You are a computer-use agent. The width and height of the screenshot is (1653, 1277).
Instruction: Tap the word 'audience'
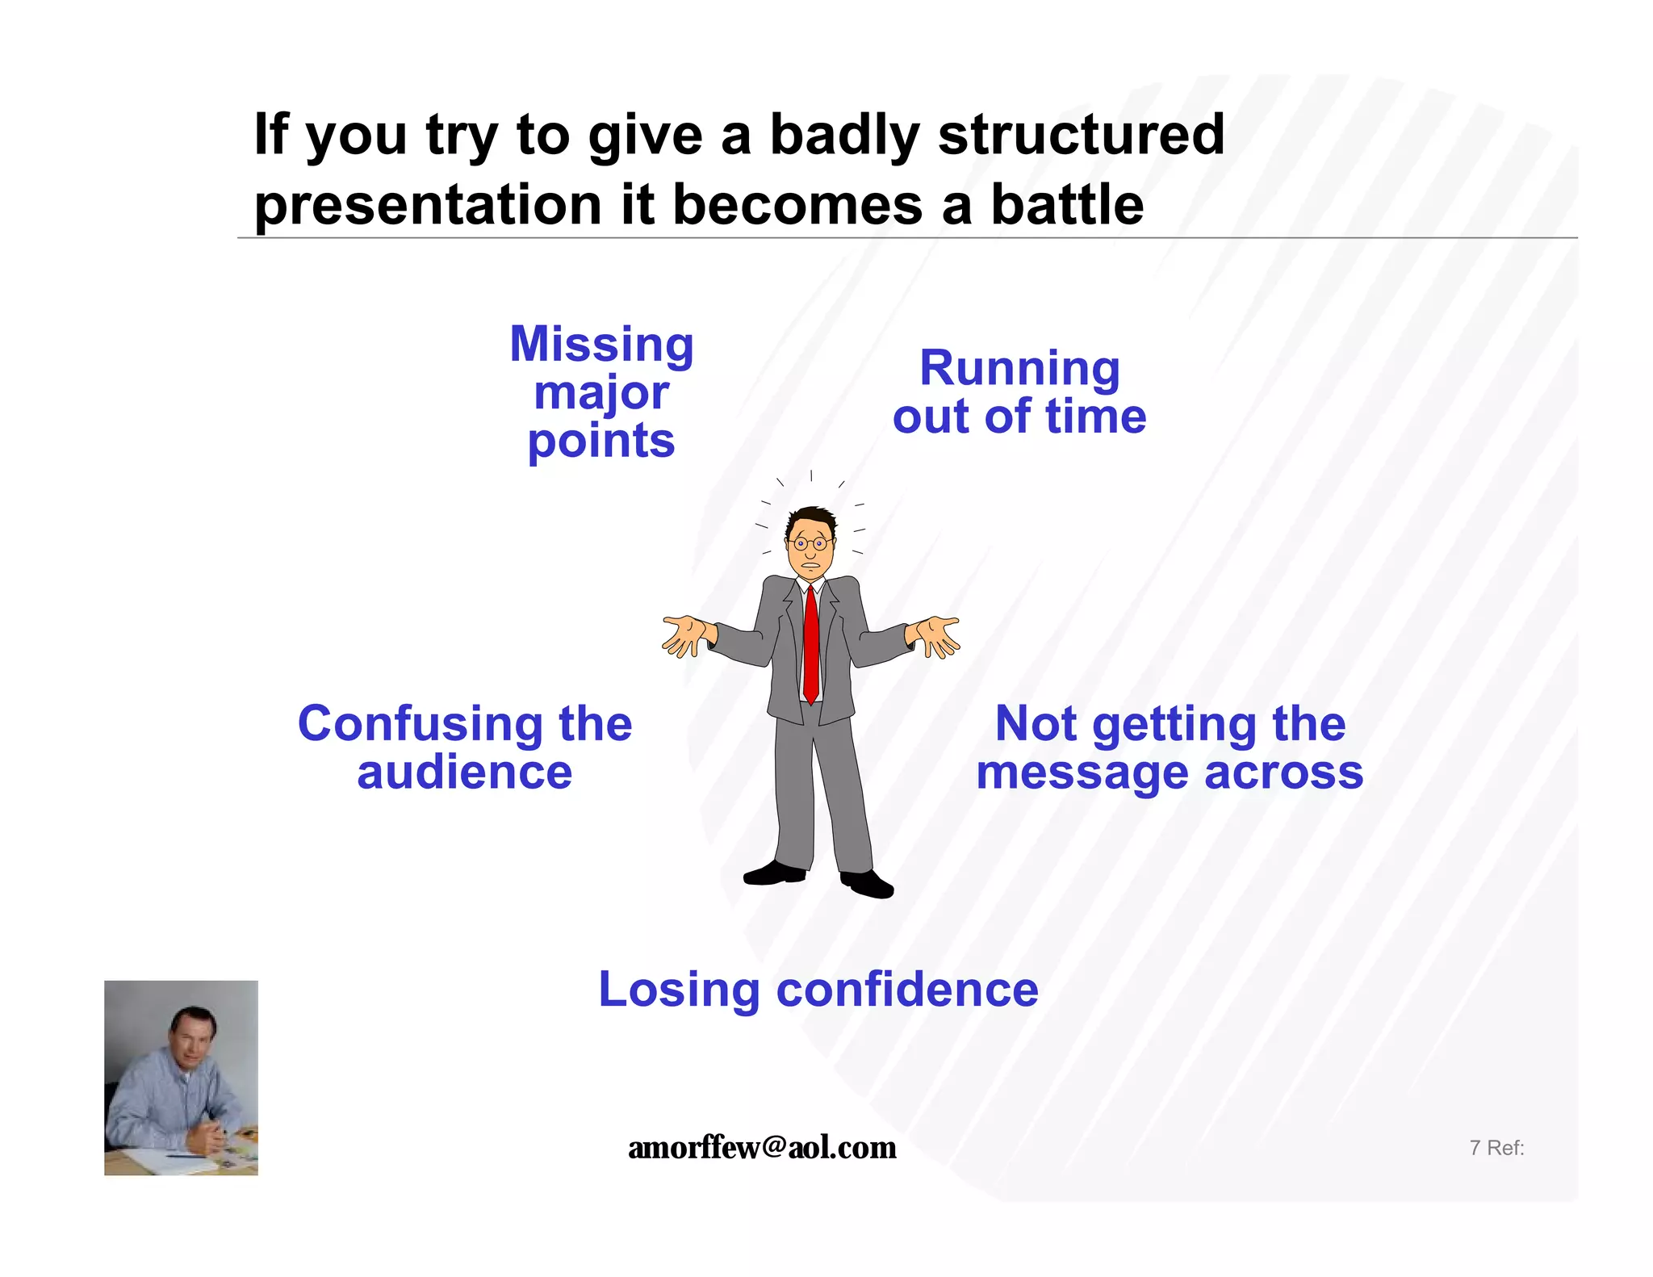tap(464, 772)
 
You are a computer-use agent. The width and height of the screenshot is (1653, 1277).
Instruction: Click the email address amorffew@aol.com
tap(762, 1147)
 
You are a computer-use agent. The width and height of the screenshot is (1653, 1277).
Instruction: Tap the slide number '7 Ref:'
tap(1496, 1147)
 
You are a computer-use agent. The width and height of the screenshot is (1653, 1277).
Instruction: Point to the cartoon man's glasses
tap(810, 543)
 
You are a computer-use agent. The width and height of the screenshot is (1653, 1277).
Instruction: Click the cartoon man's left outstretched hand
tap(684, 635)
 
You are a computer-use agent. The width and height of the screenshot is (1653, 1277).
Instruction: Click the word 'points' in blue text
tap(601, 441)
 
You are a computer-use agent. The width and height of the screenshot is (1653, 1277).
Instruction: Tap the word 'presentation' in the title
tap(428, 204)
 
